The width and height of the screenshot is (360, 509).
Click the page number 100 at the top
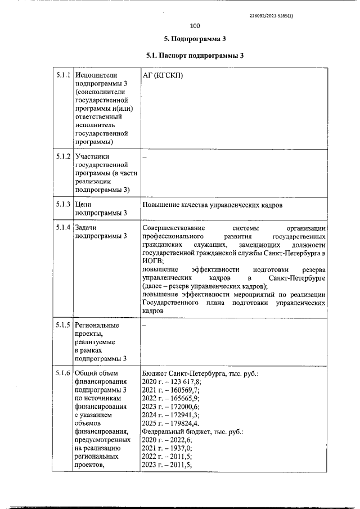pos(195,26)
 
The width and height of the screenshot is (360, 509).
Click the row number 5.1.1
pos(62,75)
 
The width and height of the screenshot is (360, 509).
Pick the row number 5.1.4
pos(62,227)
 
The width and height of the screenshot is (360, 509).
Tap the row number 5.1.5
pos(62,325)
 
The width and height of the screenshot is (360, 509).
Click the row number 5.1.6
pos(62,373)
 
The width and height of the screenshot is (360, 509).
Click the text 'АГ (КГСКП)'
pos(163,75)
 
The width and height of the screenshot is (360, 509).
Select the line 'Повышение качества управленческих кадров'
pos(212,205)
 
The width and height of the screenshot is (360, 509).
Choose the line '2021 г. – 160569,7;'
pos(171,390)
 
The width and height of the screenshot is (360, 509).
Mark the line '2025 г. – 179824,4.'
pos(171,424)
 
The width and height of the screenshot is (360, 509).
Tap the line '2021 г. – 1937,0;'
pos(167,448)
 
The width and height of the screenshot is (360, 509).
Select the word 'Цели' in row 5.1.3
pos(83,205)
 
